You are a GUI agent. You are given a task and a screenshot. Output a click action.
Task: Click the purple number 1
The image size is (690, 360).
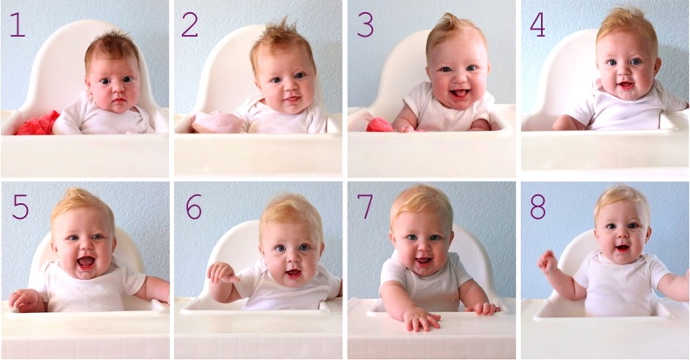coord(17,24)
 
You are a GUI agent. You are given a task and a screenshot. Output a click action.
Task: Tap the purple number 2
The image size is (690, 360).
coord(189,24)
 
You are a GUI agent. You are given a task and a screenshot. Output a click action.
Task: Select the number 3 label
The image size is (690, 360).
coord(365,24)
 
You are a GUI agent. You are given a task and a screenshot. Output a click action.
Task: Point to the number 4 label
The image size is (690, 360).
coord(538,24)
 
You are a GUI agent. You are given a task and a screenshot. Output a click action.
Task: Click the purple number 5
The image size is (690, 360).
coord(19,207)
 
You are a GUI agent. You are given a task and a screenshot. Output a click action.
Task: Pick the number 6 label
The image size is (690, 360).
coord(193,207)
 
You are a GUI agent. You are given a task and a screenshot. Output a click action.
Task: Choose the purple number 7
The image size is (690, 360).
coord(365,207)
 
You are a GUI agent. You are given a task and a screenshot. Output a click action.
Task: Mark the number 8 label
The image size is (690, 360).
coord(538,207)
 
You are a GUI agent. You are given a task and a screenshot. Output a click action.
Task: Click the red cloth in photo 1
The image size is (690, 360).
coord(37,124)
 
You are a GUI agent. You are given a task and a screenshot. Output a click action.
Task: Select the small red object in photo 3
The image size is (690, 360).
coord(379,126)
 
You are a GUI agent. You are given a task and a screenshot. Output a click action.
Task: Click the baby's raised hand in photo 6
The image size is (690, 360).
coord(220,273)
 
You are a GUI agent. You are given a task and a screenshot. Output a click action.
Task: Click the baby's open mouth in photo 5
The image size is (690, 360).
coord(85,261)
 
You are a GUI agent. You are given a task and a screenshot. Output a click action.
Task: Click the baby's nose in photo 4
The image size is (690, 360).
coord(626,74)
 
